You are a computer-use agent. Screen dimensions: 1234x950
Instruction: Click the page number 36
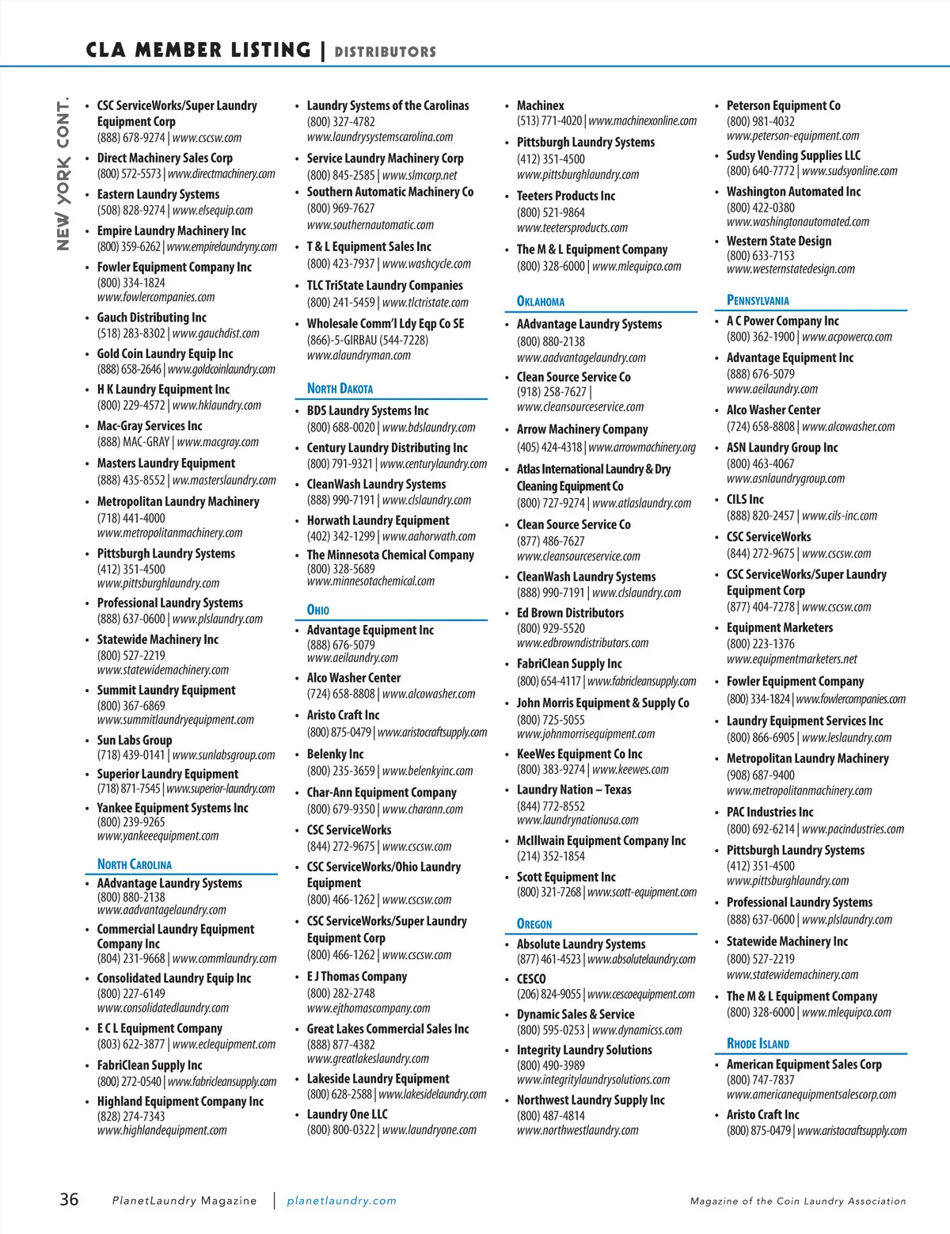(x=70, y=1199)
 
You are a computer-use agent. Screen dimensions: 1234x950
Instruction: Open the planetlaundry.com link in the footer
(x=341, y=1201)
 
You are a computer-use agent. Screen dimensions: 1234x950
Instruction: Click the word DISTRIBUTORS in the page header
(x=385, y=52)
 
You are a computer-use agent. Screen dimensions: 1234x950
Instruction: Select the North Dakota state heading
(x=340, y=388)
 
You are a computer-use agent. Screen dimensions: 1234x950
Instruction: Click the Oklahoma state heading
(x=541, y=301)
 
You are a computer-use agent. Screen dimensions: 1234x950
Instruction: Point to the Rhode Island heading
(x=758, y=1043)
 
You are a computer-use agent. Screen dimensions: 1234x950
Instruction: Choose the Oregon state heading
(x=534, y=924)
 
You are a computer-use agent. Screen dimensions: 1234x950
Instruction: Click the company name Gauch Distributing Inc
(x=151, y=318)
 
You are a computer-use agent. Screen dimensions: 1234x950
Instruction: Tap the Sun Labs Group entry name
(x=135, y=740)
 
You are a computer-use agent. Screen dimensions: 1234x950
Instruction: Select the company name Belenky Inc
(x=335, y=754)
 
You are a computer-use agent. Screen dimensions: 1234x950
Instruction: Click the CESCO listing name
(x=531, y=979)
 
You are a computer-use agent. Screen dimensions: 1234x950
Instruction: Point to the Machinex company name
(x=541, y=105)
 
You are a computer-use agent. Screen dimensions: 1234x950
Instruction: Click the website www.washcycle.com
(x=427, y=264)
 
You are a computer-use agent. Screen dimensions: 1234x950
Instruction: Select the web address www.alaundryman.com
(x=359, y=356)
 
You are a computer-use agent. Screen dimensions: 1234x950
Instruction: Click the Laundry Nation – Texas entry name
(x=574, y=790)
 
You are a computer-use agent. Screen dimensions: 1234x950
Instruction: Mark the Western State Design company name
(x=779, y=241)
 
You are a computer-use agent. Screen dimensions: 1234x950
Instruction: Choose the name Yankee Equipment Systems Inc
(x=173, y=808)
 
